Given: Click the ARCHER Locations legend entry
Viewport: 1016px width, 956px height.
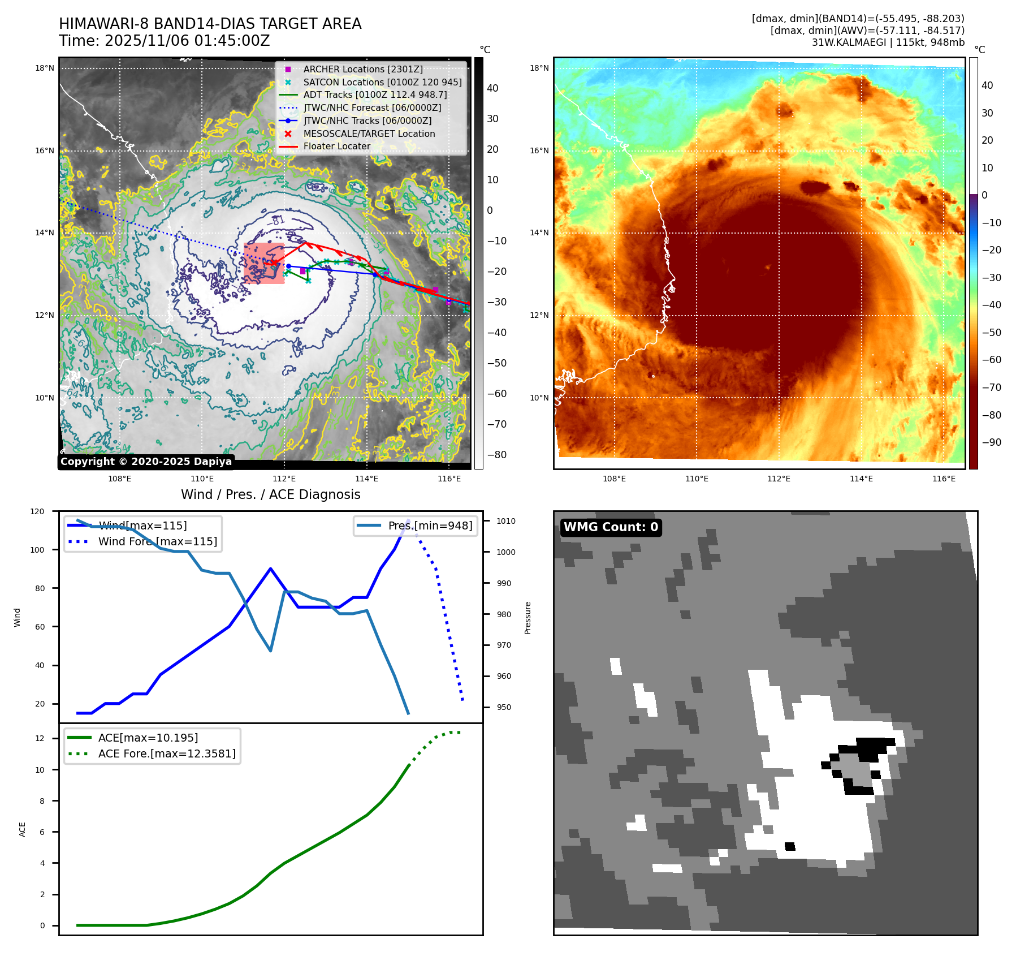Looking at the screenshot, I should pos(362,69).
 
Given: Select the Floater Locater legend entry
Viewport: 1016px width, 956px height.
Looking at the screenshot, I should pos(336,146).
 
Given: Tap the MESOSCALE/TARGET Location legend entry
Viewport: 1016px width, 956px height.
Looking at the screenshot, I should pos(369,134).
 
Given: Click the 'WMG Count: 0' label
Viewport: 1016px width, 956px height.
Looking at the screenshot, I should pos(611,527).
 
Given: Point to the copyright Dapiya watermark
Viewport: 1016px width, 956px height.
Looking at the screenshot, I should pos(146,462).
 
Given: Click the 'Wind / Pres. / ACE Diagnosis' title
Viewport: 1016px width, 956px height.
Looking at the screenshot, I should pos(270,494).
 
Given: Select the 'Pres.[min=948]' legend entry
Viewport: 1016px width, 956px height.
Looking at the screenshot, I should pos(430,526).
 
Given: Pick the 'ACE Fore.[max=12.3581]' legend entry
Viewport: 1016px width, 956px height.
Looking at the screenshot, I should pos(167,753).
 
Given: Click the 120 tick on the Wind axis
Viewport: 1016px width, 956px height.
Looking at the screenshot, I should pos(37,511).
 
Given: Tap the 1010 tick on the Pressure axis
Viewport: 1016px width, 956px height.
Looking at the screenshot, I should pos(506,521).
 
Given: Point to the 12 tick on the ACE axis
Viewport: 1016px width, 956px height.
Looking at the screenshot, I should pos(40,738).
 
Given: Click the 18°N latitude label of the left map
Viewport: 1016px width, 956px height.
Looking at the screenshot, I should pos(45,68).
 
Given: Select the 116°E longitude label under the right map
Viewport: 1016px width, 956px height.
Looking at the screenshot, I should pos(944,479).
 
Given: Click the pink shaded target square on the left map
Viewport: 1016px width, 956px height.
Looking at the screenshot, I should pos(264,264).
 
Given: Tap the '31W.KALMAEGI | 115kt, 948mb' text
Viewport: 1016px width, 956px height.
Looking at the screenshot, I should pos(888,42).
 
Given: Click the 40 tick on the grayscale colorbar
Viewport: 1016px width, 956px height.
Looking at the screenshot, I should pos(492,88).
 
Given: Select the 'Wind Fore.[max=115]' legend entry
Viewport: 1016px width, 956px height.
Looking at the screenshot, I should pos(157,541).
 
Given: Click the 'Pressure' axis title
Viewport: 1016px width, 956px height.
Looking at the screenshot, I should pos(528,618).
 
